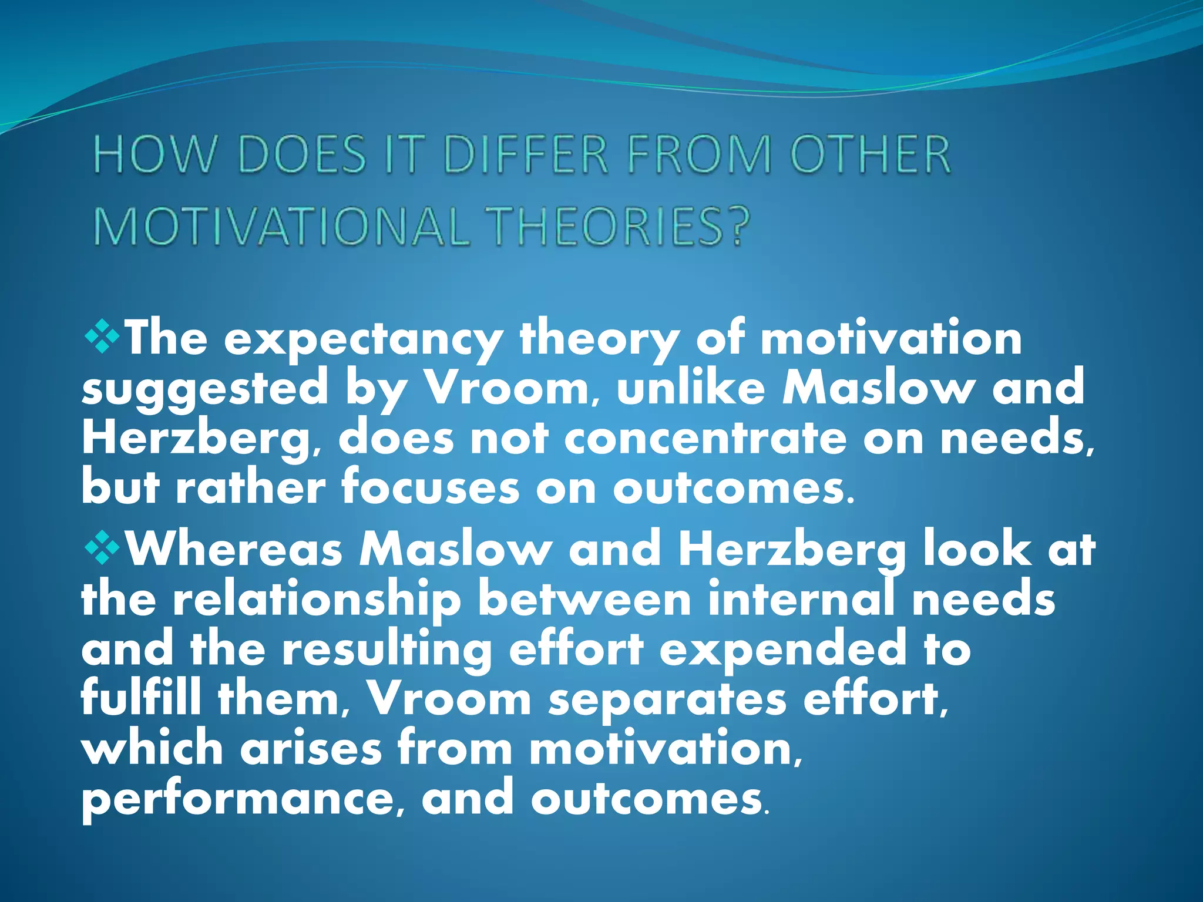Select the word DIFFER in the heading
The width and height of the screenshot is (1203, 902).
(526, 154)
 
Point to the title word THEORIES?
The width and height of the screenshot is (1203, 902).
(620, 226)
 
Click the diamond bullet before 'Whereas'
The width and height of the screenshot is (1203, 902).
(102, 548)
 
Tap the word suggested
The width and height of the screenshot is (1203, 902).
(204, 389)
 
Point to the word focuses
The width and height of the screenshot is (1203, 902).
(430, 487)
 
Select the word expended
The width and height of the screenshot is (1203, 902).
(784, 649)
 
